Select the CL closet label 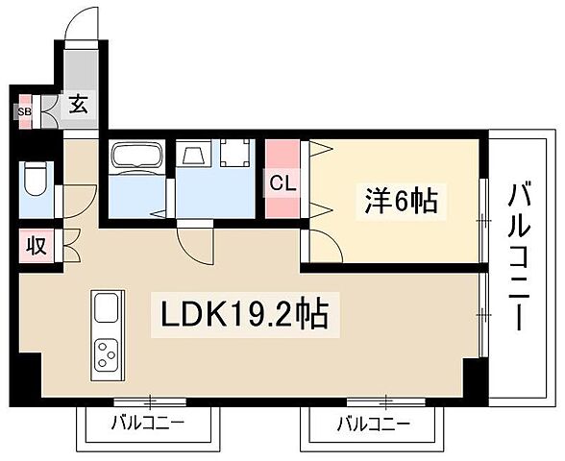point(282,182)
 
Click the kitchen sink point(107,309)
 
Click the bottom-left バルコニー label point(147,423)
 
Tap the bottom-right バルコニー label point(373,423)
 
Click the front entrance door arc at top point(81,23)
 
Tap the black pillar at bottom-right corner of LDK point(474,377)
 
